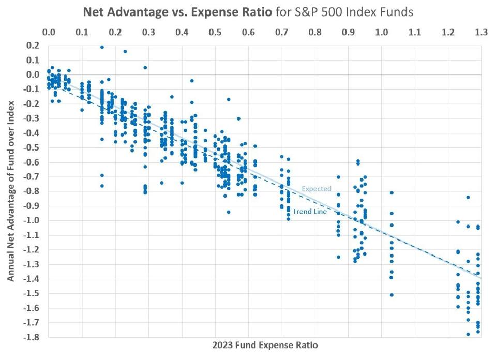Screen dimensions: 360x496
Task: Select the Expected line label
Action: (x=316, y=189)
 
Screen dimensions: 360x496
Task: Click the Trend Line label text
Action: (x=309, y=212)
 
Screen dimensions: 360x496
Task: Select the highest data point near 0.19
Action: (x=102, y=47)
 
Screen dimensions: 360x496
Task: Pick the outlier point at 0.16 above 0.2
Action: (x=102, y=47)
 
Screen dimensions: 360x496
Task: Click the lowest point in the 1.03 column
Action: (x=392, y=295)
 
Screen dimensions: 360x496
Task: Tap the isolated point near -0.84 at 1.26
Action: (x=468, y=197)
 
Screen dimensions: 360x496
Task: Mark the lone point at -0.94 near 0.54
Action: (x=228, y=212)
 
